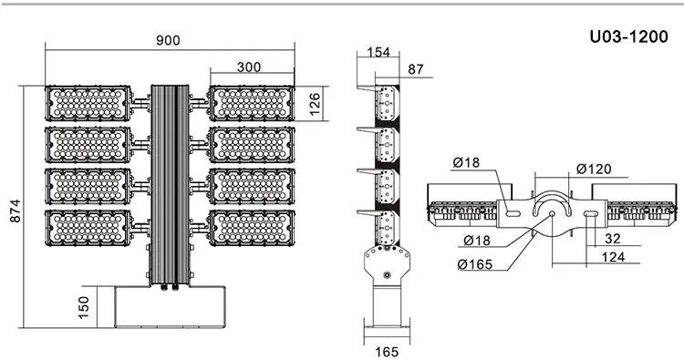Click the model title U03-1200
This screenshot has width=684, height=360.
click(628, 36)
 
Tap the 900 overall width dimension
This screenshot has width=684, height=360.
click(168, 40)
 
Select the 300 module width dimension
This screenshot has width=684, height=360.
click(249, 67)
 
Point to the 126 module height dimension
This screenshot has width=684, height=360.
click(315, 104)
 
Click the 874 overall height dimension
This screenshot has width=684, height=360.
click(16, 211)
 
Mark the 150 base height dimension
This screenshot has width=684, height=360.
click(83, 307)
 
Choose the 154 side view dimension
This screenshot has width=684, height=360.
click(378, 52)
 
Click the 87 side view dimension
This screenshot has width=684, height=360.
click(416, 69)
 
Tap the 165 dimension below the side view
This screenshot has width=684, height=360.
click(387, 352)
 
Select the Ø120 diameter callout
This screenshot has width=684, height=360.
click(594, 169)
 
